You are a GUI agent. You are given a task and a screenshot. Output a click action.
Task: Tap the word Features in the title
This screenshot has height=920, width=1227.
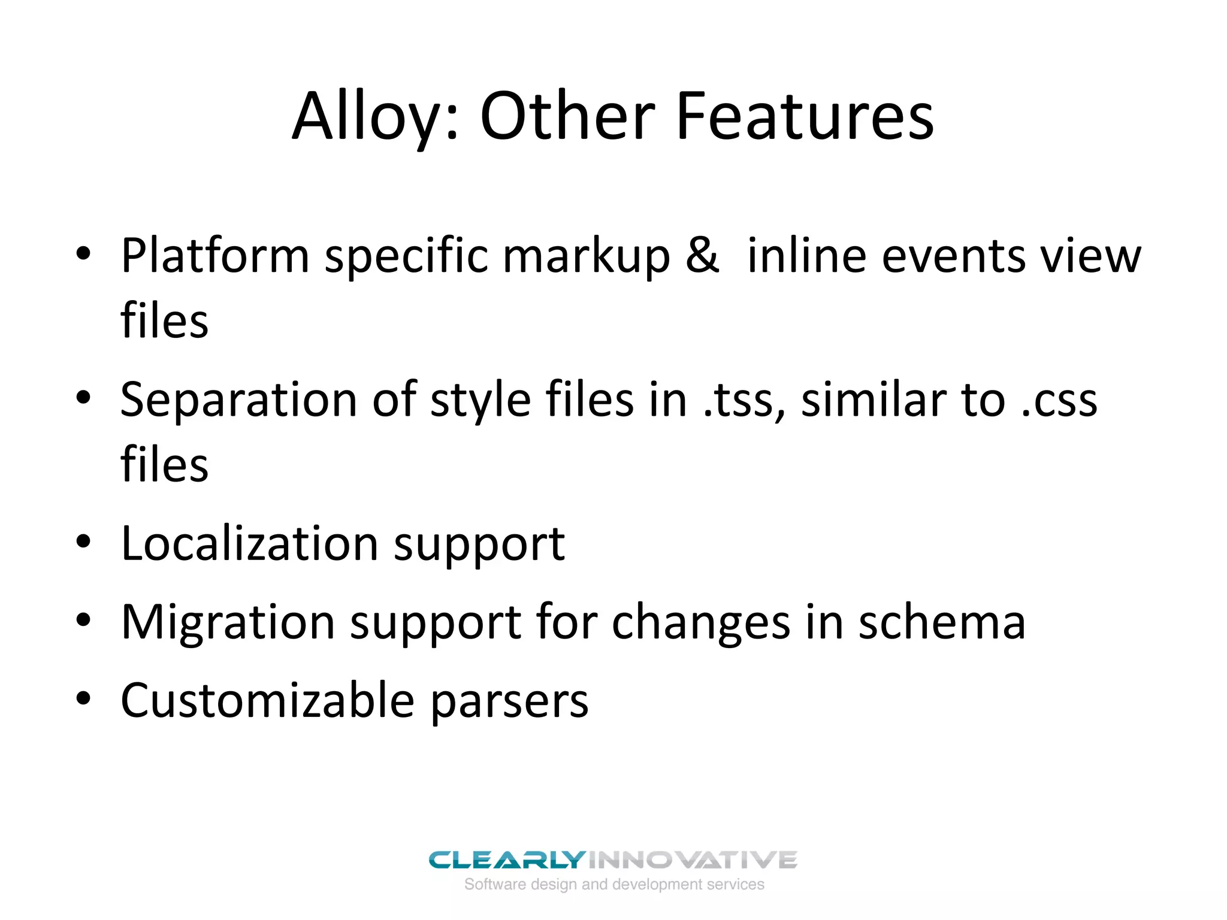click(x=805, y=117)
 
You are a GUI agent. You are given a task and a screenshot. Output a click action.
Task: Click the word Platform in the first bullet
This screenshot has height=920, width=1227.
click(x=214, y=256)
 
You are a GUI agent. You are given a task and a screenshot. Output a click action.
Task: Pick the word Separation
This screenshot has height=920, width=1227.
click(x=238, y=400)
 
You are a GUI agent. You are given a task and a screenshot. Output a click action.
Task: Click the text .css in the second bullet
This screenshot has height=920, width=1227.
click(x=1059, y=400)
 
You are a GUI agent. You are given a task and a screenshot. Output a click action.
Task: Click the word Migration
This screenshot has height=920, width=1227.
click(x=228, y=623)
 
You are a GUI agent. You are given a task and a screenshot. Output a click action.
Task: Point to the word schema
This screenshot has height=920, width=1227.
click(x=942, y=623)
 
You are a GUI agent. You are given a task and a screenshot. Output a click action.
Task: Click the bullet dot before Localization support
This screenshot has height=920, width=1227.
click(x=83, y=542)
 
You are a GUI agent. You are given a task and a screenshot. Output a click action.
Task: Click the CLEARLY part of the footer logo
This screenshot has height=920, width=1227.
click(x=506, y=860)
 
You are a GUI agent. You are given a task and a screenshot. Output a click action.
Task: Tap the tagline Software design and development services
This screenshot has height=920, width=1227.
click(x=614, y=885)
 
